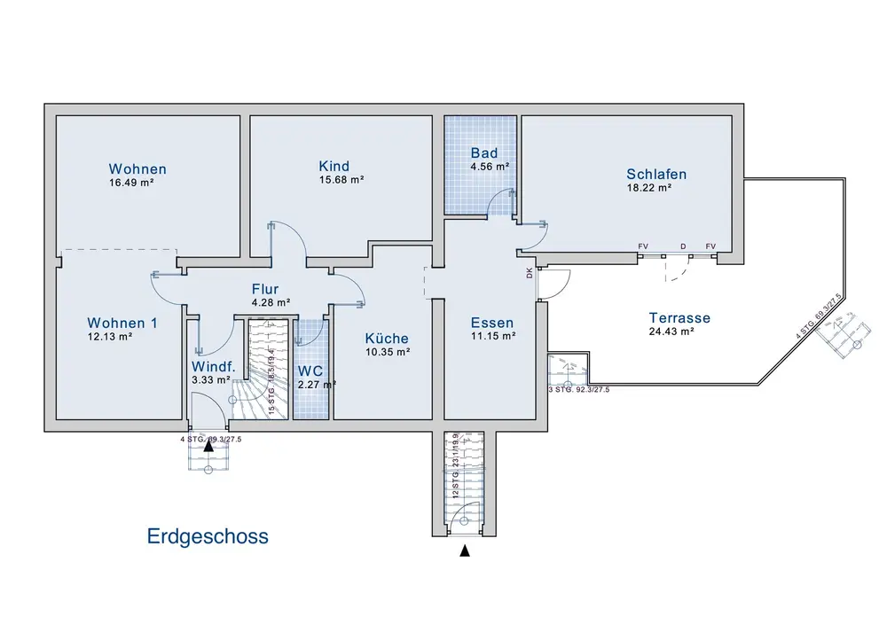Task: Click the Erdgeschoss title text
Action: [208, 536]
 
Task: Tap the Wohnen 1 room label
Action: [122, 323]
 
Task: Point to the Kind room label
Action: [334, 166]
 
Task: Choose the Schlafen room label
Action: [656, 174]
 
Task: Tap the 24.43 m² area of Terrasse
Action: [671, 332]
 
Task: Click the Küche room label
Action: [387, 338]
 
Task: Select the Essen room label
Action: [492, 323]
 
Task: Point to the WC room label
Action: [310, 371]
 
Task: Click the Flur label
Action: [265, 289]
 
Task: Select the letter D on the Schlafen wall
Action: [683, 246]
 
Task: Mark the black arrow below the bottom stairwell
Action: [464, 551]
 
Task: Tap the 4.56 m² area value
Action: [490, 166]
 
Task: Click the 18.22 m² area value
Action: [648, 187]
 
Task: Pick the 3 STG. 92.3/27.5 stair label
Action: [578, 389]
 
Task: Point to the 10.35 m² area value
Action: [389, 352]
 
